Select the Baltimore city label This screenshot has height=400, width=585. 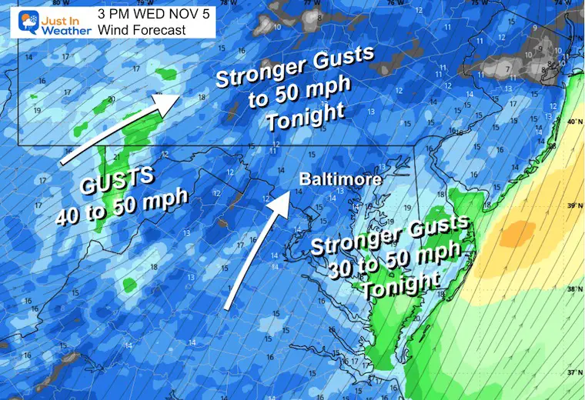[x=341, y=178]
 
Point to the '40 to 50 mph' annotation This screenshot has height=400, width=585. [x=122, y=206]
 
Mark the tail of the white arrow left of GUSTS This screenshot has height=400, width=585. [x=64, y=162]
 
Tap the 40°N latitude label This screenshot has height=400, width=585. [x=573, y=122]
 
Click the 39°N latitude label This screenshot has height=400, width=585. [x=573, y=206]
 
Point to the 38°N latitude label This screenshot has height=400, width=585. [x=573, y=290]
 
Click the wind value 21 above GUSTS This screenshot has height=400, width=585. [x=115, y=158]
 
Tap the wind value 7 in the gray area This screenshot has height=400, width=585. [x=507, y=70]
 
